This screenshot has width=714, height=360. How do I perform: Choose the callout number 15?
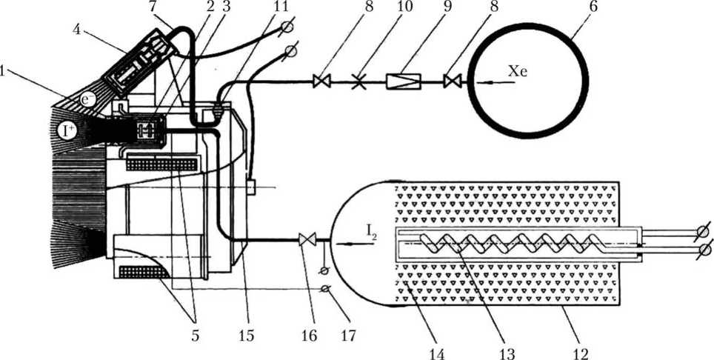click(246, 335)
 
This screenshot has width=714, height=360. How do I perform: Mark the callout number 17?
click(347, 335)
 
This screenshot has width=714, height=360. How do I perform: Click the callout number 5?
click(195, 335)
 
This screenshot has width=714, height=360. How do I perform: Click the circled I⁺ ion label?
click(67, 133)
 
